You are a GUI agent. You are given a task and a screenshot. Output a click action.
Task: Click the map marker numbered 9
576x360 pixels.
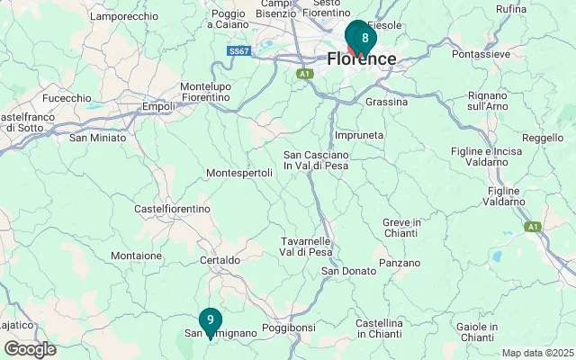[x=210, y=320]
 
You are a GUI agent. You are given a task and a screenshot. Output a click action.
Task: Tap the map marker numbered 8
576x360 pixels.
[x=364, y=39]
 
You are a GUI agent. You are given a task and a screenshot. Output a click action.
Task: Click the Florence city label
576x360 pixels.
[x=362, y=59]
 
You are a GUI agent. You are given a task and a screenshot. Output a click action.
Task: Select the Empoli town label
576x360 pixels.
[x=158, y=107]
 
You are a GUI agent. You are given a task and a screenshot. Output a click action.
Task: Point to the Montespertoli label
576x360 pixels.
[x=238, y=173]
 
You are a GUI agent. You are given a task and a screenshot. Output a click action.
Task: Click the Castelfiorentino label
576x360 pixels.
[x=171, y=209]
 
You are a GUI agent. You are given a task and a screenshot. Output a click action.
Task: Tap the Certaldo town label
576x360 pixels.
[x=220, y=260]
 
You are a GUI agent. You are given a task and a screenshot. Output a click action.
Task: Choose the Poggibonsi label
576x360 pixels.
[x=288, y=328]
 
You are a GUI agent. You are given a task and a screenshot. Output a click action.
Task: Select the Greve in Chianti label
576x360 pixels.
[x=401, y=228]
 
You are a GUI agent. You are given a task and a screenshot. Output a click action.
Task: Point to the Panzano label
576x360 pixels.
[x=400, y=263]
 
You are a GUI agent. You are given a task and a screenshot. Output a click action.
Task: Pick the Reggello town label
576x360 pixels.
[x=542, y=139]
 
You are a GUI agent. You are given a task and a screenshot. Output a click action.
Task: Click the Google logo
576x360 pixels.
[x=30, y=349]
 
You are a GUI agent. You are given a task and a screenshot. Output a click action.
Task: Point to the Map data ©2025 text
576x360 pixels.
[x=536, y=353]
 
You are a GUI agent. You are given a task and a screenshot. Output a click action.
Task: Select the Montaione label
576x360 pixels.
[x=136, y=256]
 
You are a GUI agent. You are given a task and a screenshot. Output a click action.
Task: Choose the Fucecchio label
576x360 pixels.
[x=67, y=98]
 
